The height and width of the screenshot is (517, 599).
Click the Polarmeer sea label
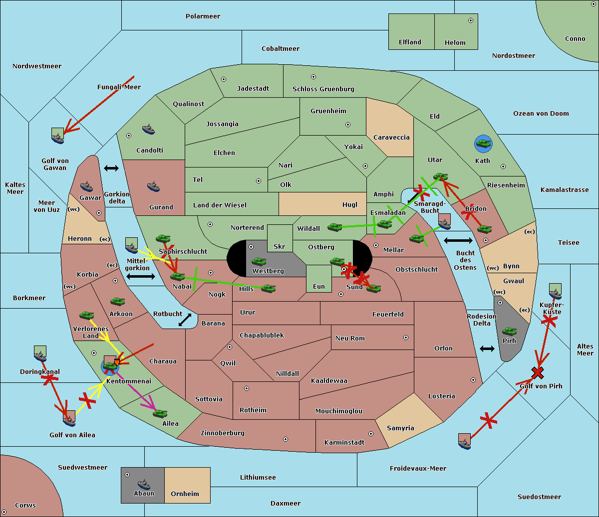pos(203,16)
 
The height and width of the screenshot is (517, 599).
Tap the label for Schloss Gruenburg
pos(323,89)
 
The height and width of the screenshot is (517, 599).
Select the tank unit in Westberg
pos(259,261)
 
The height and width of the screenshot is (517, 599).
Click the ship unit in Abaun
pos(144,484)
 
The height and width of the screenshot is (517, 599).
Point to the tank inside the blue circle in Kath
pos(483,144)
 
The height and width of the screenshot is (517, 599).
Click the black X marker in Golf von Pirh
pos(538,372)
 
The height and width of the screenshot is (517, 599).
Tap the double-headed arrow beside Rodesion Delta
pos(487,348)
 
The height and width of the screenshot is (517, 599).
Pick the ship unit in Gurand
pos(154,187)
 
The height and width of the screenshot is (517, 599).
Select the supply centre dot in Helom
pos(470,20)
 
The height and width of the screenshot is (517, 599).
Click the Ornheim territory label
pos(185,494)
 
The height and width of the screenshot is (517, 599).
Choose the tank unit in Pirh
pos(509,331)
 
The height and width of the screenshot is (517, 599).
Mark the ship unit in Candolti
pos(148,130)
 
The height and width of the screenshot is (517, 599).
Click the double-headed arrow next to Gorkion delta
pos(111,168)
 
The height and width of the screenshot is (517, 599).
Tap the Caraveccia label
pos(391,138)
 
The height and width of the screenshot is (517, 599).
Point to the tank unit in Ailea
pos(160,413)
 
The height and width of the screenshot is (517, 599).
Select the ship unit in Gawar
pos(86,187)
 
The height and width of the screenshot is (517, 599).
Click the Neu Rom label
pos(350,339)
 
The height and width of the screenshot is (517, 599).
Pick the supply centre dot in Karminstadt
pos(370,434)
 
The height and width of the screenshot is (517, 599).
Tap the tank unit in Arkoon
pos(117,302)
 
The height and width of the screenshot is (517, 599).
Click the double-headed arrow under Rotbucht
pos(185,320)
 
